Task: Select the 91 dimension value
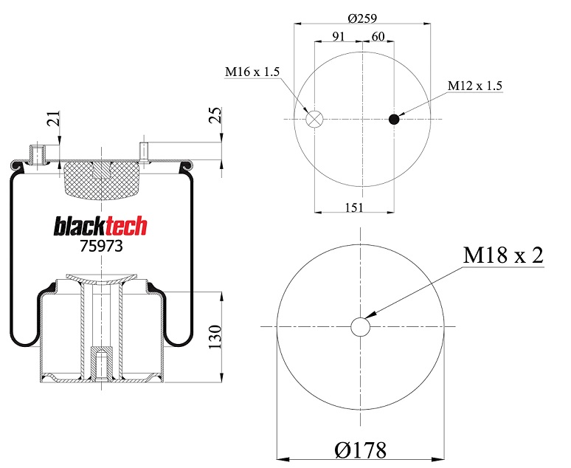coord(339,36)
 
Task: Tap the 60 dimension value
coord(378,36)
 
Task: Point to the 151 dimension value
coord(354,207)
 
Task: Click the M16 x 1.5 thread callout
coord(252,72)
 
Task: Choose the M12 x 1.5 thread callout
coord(475,86)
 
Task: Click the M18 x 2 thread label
coord(503,255)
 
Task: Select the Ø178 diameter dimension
coord(361,448)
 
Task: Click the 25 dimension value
coord(216,115)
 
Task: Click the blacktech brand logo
coord(100,226)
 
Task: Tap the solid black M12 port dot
coord(394,120)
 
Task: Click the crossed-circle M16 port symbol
coord(315,120)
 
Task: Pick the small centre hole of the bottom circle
coord(361,326)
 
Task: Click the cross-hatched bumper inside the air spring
coord(100,179)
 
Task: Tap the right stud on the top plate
coord(145,151)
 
